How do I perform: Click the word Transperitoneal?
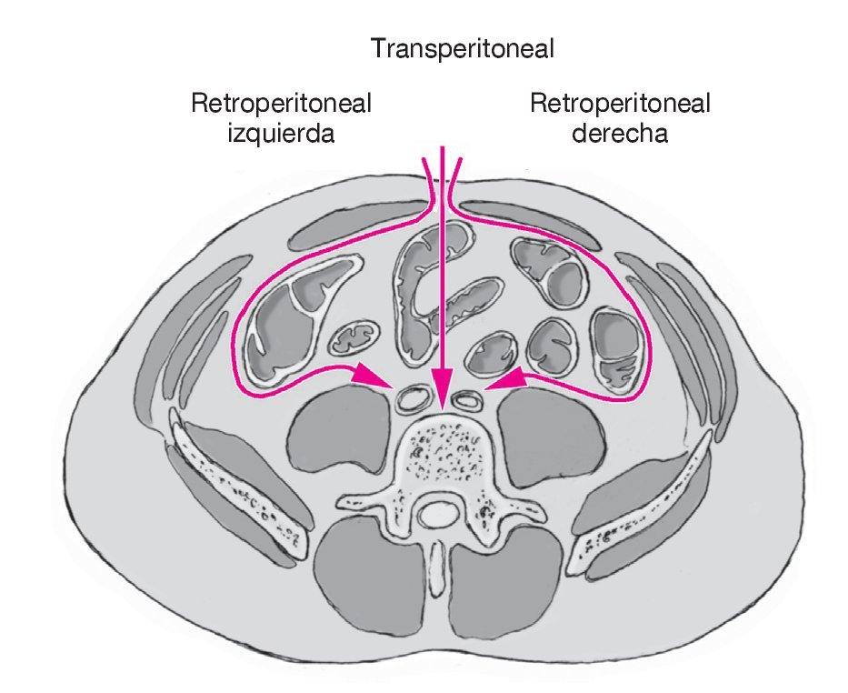(462, 48)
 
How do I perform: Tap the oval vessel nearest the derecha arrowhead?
(469, 397)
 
